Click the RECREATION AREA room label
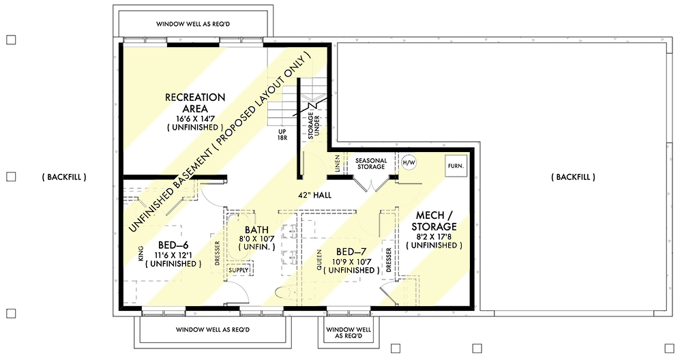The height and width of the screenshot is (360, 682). (x=195, y=103)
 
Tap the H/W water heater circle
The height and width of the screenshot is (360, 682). (x=409, y=163)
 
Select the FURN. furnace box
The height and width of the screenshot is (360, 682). (x=456, y=166)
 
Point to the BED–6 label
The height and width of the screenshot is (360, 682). (x=173, y=245)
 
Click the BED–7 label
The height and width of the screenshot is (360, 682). (x=351, y=252)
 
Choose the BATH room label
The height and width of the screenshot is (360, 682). (x=256, y=230)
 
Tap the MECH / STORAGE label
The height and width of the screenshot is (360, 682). (x=434, y=221)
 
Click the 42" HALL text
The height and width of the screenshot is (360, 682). (x=314, y=195)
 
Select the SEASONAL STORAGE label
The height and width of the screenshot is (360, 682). (x=370, y=164)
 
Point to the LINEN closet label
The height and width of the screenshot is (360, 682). (x=338, y=164)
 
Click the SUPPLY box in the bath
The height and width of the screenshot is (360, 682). (x=239, y=270)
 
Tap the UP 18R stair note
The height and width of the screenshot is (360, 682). (x=282, y=134)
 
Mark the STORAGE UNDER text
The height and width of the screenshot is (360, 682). (x=314, y=125)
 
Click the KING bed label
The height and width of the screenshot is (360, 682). (x=140, y=254)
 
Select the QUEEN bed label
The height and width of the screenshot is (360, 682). (x=319, y=260)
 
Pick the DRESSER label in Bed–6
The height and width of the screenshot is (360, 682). (x=218, y=254)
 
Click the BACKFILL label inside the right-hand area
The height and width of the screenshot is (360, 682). (x=574, y=177)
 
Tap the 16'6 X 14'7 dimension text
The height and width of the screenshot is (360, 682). (x=195, y=118)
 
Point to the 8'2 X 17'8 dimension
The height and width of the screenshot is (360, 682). (x=434, y=237)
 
